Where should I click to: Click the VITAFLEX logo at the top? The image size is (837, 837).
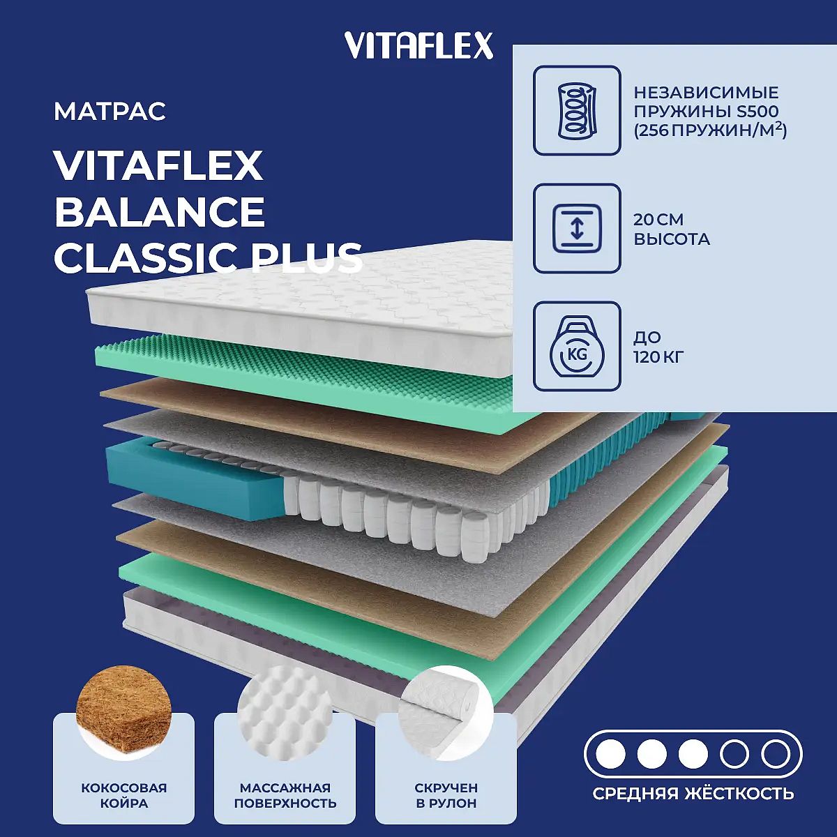418,45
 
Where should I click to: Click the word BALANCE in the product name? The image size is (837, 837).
160,211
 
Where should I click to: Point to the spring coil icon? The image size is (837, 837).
577,110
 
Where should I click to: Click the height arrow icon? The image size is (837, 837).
577,229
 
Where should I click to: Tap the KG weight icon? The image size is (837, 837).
577,346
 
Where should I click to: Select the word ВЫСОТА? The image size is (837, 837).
672,239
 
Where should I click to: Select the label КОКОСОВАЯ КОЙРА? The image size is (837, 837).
124,796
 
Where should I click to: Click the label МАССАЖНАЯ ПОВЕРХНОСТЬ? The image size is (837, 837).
285,796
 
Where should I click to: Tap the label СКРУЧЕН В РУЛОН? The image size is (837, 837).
446,796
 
